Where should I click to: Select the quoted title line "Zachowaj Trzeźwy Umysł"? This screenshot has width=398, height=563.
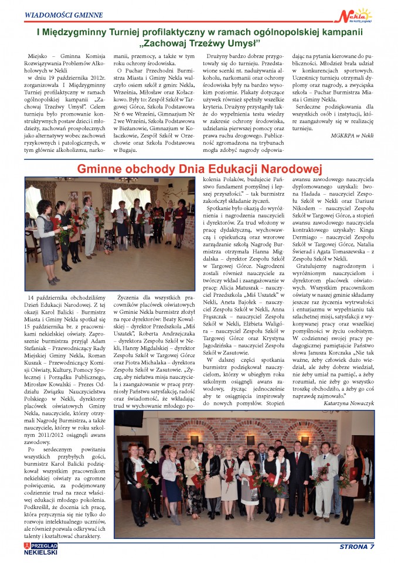[199, 44]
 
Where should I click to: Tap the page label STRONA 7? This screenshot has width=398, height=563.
[356, 547]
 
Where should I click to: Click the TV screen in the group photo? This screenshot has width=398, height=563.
[128, 417]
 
